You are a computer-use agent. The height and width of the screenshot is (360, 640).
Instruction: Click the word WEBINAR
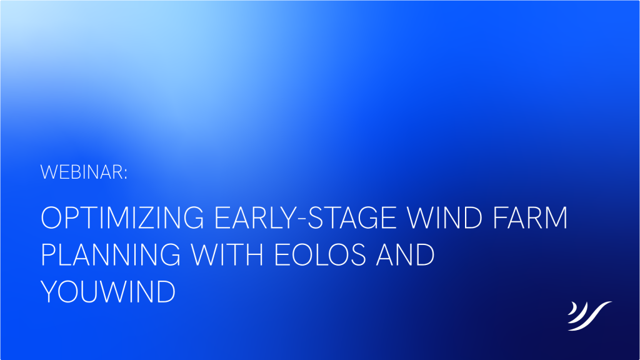coord(82,172)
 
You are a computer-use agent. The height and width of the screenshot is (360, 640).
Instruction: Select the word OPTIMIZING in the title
coord(122,217)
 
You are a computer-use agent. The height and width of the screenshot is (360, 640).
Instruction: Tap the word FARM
coord(531,217)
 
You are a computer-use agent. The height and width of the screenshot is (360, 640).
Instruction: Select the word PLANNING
coord(111,255)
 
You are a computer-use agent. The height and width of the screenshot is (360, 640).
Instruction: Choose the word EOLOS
coord(320,255)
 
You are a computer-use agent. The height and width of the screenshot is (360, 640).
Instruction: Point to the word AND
coord(405,255)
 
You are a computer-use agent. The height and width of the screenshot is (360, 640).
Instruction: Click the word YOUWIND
coord(108,292)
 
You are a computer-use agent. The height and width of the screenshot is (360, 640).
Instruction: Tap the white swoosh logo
coord(589,316)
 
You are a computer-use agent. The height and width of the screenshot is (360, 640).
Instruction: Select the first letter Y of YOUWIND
coord(50,292)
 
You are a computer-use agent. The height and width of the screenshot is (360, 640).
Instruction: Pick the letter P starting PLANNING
coord(49,255)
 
